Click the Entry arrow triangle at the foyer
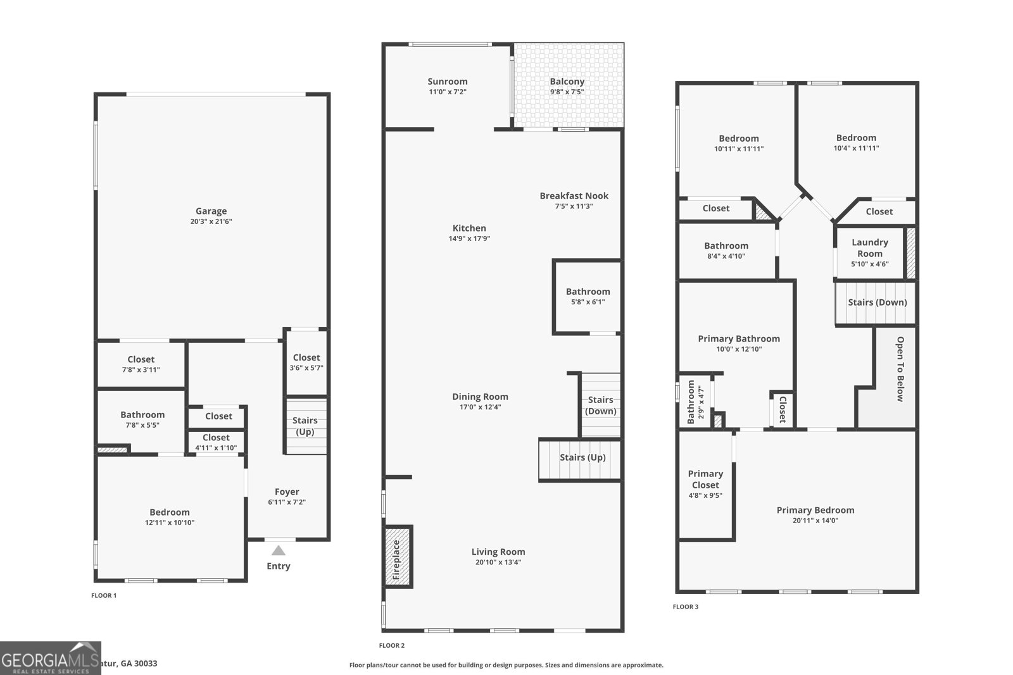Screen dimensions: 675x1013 click(x=279, y=550)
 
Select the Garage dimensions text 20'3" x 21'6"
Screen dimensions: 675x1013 click(x=211, y=221)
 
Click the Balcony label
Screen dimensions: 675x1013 click(x=567, y=82)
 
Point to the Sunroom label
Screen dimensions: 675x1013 click(x=447, y=82)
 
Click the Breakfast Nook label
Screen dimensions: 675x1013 click(x=574, y=196)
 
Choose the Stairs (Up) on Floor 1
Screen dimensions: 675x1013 click(x=305, y=426)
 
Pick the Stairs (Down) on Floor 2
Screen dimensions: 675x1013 click(x=600, y=406)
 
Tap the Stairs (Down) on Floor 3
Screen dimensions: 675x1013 click(x=877, y=302)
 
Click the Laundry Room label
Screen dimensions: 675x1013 click(x=869, y=247)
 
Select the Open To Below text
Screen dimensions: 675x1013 click(x=900, y=369)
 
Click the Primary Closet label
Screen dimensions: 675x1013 click(x=705, y=479)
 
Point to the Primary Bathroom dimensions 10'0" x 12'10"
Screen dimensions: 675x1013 click(x=738, y=349)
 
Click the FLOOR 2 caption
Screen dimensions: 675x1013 click(x=391, y=645)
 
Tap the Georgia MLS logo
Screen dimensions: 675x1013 click(x=50, y=658)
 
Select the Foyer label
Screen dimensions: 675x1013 click(x=287, y=492)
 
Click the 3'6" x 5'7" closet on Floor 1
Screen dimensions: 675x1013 click(x=306, y=362)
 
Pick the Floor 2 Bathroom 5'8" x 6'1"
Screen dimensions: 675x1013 click(x=588, y=296)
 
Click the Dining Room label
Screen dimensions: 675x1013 click(x=480, y=397)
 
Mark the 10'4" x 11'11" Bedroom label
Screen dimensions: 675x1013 click(x=856, y=138)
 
